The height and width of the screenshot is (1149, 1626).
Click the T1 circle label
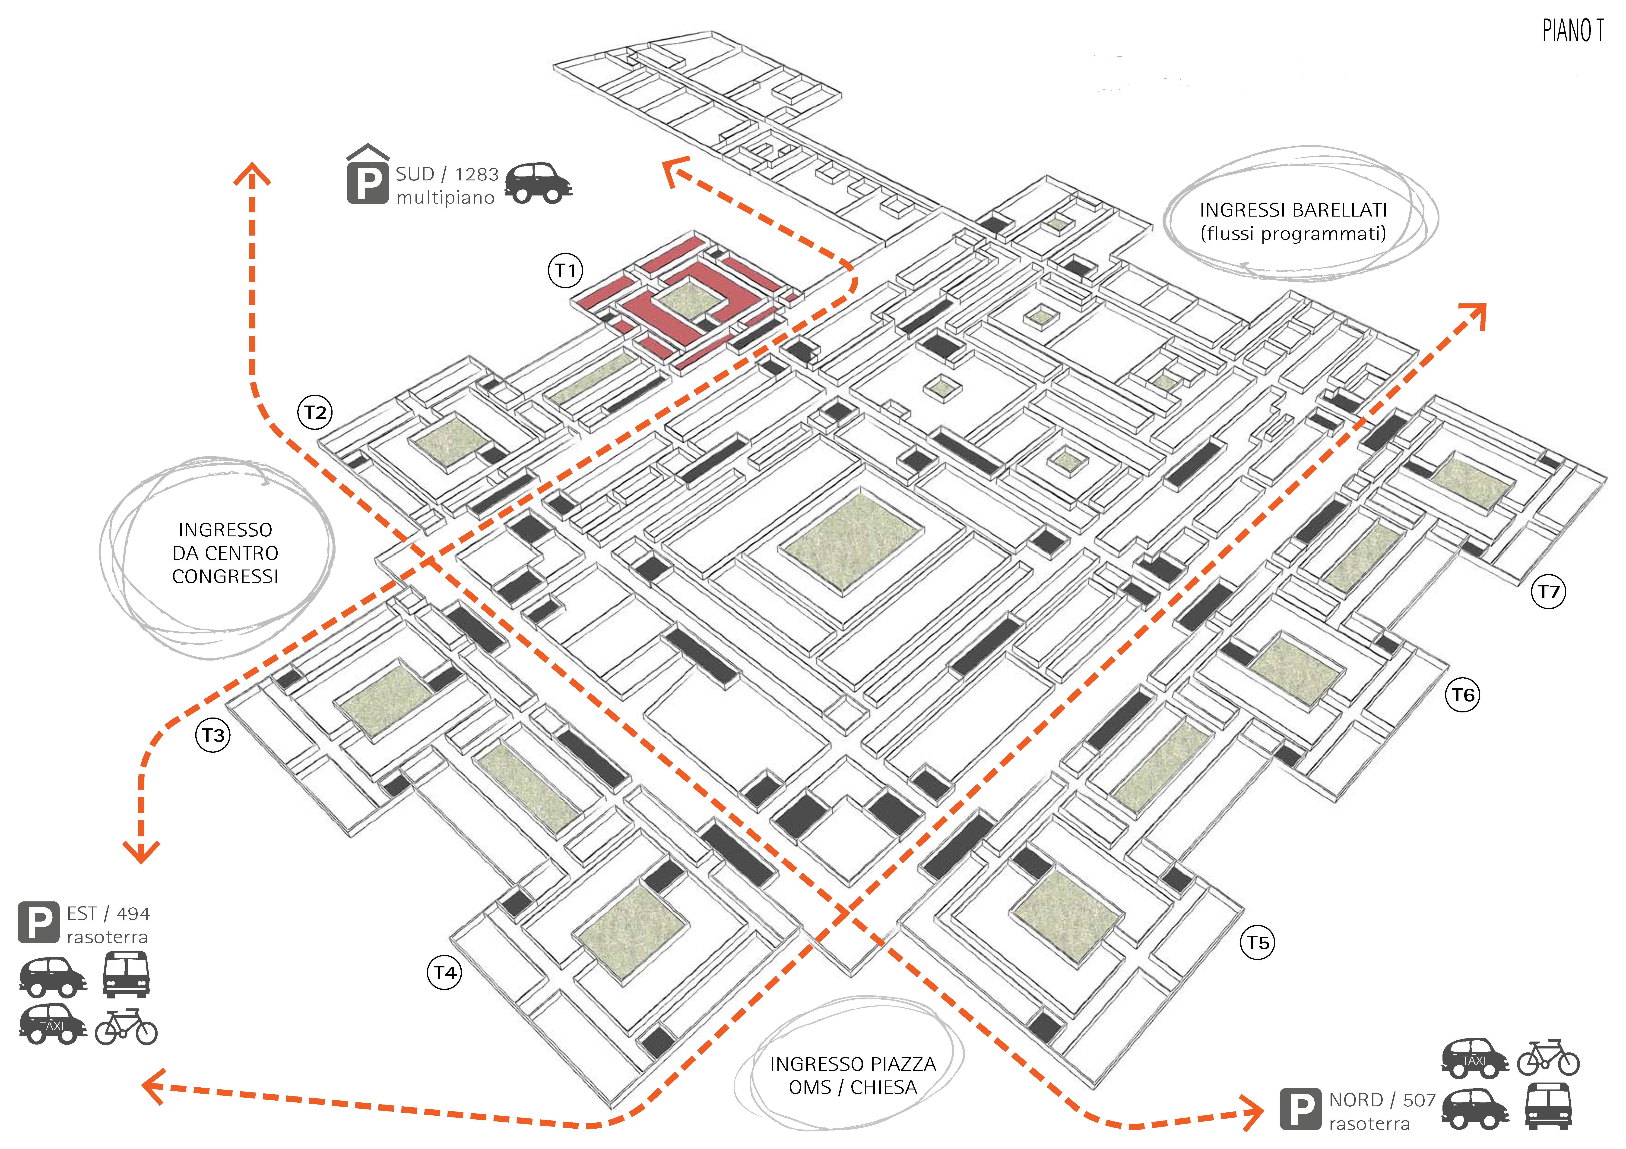565,271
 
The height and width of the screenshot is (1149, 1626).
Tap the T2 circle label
315,412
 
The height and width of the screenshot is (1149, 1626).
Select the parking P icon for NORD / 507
1300,1109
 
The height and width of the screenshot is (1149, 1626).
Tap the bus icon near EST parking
126,974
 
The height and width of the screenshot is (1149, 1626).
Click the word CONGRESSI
225,576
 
